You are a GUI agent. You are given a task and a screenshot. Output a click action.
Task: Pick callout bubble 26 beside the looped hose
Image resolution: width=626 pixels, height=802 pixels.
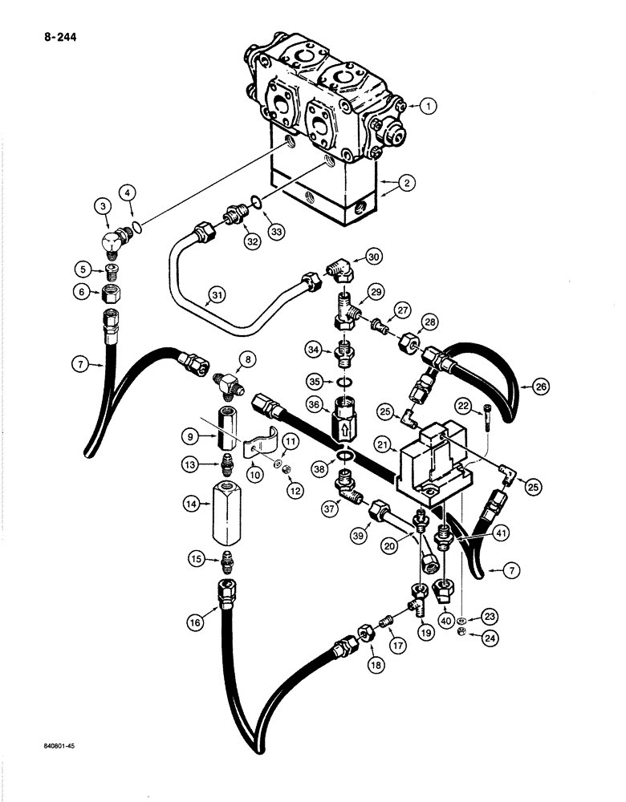coord(526,387)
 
